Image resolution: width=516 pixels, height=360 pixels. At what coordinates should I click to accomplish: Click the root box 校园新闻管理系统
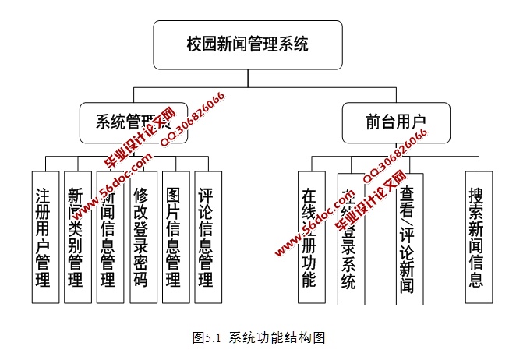click(x=248, y=44)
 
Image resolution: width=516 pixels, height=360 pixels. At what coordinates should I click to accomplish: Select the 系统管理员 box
click(x=133, y=122)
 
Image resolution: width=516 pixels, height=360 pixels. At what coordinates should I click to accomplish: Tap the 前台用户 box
click(x=396, y=122)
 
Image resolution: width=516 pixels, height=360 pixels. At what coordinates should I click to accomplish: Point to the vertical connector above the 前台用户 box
click(x=396, y=94)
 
